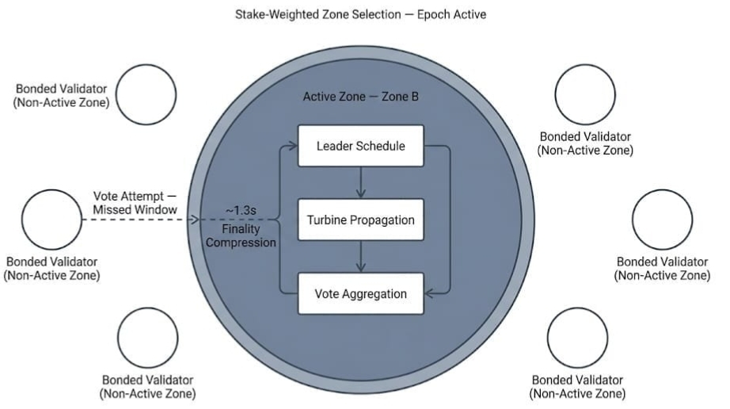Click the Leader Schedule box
tap(360, 146)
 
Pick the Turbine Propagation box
tap(360, 220)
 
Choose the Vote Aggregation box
tap(360, 294)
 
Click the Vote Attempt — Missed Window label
tap(135, 202)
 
